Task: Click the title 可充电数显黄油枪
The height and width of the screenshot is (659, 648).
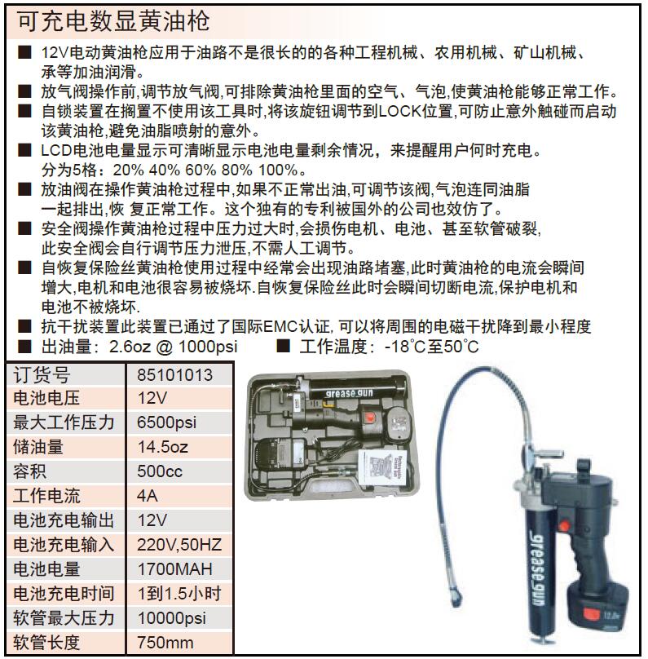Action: [113, 21]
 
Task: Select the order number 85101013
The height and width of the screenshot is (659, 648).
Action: [174, 375]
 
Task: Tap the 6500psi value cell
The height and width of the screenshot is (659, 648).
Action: [167, 422]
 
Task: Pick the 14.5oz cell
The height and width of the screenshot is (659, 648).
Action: [163, 447]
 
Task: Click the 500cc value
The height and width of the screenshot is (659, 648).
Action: [160, 471]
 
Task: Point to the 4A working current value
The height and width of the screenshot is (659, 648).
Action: [148, 496]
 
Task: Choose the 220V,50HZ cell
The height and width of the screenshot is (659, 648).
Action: [179, 545]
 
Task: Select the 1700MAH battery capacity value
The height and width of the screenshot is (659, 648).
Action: [174, 569]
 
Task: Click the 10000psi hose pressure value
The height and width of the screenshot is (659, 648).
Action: [171, 618]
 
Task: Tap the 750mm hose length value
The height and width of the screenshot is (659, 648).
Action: [165, 643]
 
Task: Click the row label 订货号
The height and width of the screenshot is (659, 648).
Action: [42, 375]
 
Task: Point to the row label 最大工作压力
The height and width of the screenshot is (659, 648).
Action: [64, 422]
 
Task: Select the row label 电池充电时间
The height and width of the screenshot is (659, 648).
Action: [64, 594]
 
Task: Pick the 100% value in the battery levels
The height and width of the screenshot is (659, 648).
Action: [278, 170]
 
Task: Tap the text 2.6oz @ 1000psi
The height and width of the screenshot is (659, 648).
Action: [173, 347]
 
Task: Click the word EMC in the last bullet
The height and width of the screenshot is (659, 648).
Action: [280, 326]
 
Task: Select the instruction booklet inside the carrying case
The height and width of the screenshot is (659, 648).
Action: [383, 468]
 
